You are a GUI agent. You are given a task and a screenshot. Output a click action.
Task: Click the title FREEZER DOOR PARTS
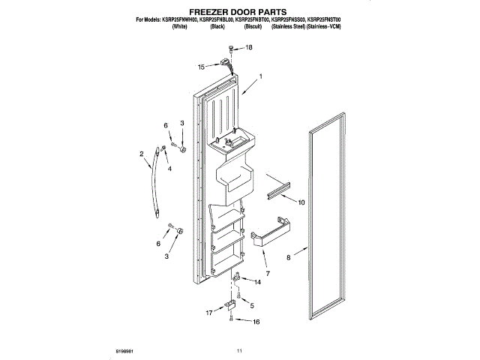239,13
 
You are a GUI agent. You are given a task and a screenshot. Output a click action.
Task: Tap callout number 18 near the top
250,47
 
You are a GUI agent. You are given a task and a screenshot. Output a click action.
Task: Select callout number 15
201,67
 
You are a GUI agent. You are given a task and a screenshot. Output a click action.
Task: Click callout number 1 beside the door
260,76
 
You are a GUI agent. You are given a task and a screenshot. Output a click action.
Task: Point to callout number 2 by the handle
142,155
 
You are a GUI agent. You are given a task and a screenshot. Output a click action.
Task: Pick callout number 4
169,169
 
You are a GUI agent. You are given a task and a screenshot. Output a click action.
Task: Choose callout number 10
301,202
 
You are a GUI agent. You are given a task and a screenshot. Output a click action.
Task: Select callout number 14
259,282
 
